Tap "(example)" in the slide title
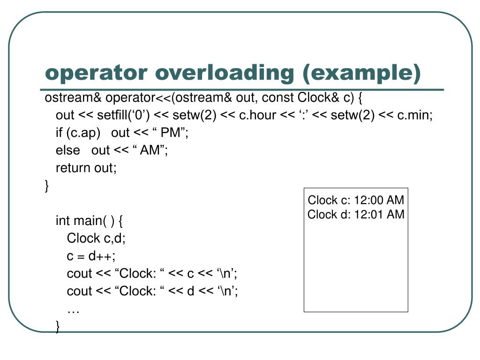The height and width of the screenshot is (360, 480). point(361,73)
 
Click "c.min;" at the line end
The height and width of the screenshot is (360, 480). point(415,115)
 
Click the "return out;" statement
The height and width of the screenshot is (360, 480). point(86,168)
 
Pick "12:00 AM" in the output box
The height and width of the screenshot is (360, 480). point(379,201)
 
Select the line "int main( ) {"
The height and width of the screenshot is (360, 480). point(89,220)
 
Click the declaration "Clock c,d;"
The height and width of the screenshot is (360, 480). point(96,238)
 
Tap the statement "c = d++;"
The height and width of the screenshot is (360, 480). point(91,256)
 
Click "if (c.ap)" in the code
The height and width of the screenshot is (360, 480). point(78,133)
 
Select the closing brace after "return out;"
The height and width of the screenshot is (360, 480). point(47,186)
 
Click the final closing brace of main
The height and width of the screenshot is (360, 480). point(58,326)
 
